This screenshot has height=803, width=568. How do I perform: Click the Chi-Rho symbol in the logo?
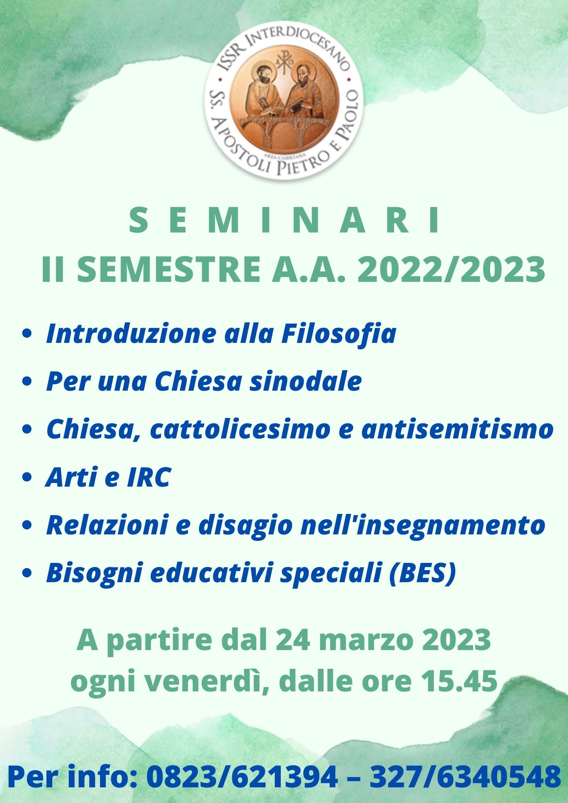coord(283,61)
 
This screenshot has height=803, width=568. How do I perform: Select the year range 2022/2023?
coord(451,270)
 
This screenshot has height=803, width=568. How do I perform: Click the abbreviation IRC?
coord(149,477)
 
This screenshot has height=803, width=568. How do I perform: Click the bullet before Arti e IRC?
coord(27,478)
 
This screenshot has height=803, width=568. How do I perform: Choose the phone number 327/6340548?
coord(465,777)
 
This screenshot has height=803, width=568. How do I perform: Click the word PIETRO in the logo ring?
coord(305,162)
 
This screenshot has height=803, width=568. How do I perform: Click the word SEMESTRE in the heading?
coord(168,270)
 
